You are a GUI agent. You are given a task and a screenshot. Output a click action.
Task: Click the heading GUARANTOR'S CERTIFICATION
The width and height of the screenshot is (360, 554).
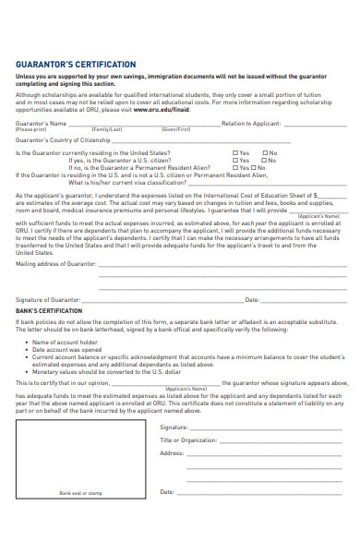pyautogui.click(x=76, y=65)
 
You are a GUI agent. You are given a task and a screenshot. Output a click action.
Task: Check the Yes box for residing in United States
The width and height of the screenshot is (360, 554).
pyautogui.click(x=234, y=151)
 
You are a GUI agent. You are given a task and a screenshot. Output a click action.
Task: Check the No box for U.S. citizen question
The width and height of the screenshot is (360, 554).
pyautogui.click(x=265, y=159)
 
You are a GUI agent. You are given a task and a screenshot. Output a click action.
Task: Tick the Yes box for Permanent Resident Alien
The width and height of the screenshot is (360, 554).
pyautogui.click(x=234, y=166)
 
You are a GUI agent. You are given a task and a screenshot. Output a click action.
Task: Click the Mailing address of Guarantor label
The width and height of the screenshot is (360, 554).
pyautogui.click(x=55, y=263)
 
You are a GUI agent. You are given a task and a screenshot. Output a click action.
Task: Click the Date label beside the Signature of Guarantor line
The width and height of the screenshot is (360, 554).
pyautogui.click(x=251, y=300)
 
